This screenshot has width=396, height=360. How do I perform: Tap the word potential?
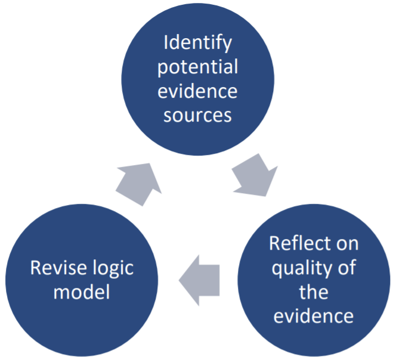tap(198, 67)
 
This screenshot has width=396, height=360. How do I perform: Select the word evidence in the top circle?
tap(198, 91)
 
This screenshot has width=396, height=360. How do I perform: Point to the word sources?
tap(198, 114)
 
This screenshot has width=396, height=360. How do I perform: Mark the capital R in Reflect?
tap(275, 244)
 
